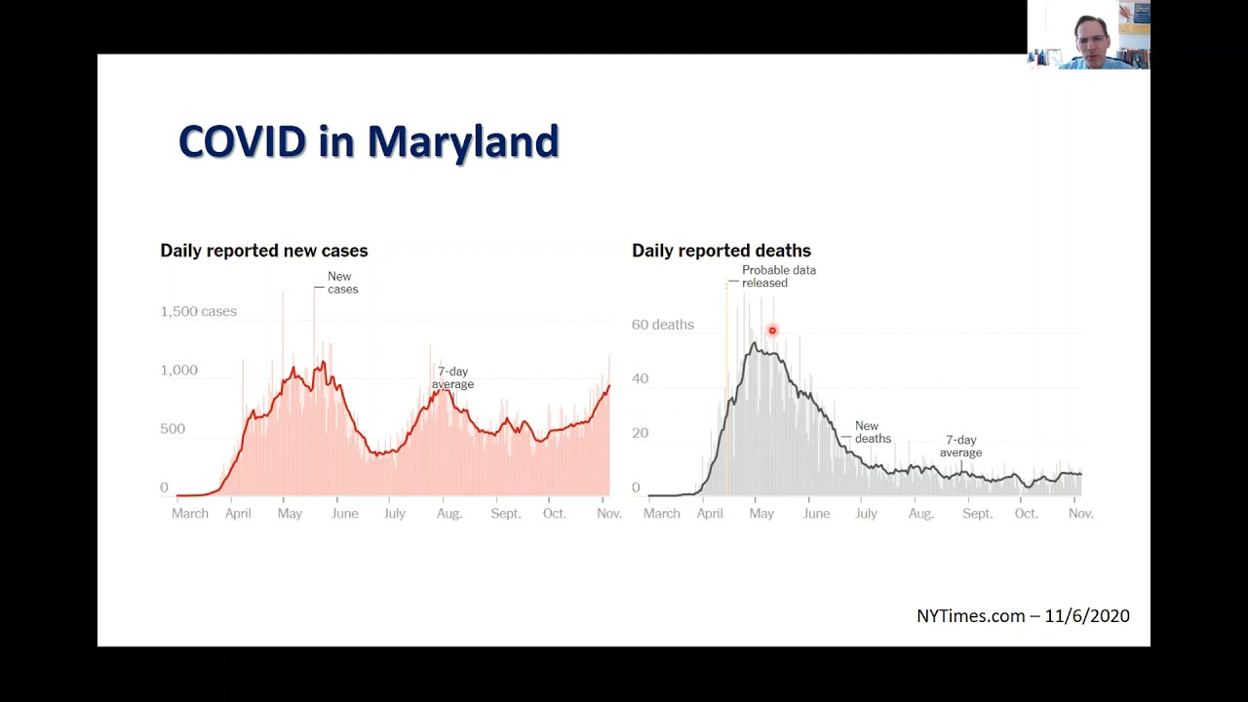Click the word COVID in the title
point(243,141)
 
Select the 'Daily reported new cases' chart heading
point(264,251)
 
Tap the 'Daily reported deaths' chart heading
point(721,251)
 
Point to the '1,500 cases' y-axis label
point(198,311)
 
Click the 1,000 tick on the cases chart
point(178,370)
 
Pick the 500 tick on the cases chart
point(173,429)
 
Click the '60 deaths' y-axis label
point(663,325)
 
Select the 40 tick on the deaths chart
point(641,379)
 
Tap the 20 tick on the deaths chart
point(641,434)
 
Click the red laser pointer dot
point(772,331)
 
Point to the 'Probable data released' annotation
point(779,276)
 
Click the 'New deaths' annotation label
point(873,432)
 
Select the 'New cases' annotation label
point(342,283)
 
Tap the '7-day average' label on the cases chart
point(453,377)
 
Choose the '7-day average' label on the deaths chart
point(961,447)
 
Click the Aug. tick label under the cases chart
point(449,514)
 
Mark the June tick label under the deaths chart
point(817,514)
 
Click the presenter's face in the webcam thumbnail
point(1092,39)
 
